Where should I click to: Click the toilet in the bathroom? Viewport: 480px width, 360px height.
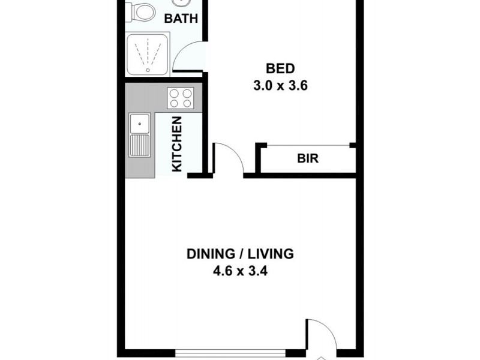pos(140,11)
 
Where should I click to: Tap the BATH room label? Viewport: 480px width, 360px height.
pos(181,19)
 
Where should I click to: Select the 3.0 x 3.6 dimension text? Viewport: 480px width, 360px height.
pos(281,85)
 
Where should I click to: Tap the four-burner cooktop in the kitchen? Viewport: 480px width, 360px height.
pos(180,98)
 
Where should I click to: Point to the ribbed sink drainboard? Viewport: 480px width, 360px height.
pos(140,146)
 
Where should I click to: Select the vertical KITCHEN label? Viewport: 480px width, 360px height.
pos(177,144)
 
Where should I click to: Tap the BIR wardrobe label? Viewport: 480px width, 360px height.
pos(307,160)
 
